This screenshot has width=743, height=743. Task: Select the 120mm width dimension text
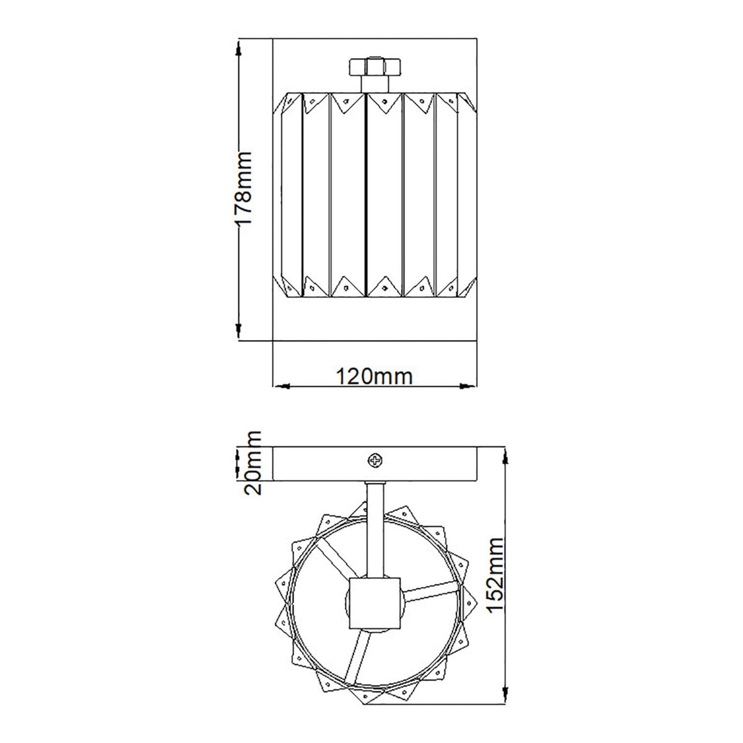[373, 375]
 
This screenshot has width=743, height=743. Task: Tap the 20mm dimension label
[252, 464]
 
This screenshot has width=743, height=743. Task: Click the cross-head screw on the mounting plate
[375, 460]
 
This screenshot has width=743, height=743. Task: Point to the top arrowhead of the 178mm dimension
[238, 48]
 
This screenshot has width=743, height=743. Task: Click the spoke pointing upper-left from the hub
[333, 556]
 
